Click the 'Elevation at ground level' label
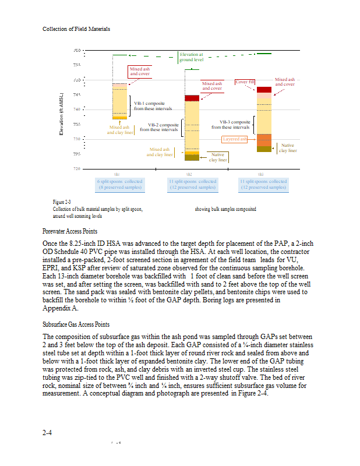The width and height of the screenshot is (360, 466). [191, 57]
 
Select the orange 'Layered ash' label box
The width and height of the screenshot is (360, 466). [235, 139]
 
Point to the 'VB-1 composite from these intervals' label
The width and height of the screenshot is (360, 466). [153, 105]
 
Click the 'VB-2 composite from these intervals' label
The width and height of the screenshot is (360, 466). [163, 127]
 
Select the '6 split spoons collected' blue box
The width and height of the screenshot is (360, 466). [119, 184]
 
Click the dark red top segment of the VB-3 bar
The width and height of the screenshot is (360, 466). [264, 90]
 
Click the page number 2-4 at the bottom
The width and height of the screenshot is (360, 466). [48, 433]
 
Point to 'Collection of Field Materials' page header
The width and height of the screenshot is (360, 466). [76, 29]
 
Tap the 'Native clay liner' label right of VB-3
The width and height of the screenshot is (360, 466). [288, 148]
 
